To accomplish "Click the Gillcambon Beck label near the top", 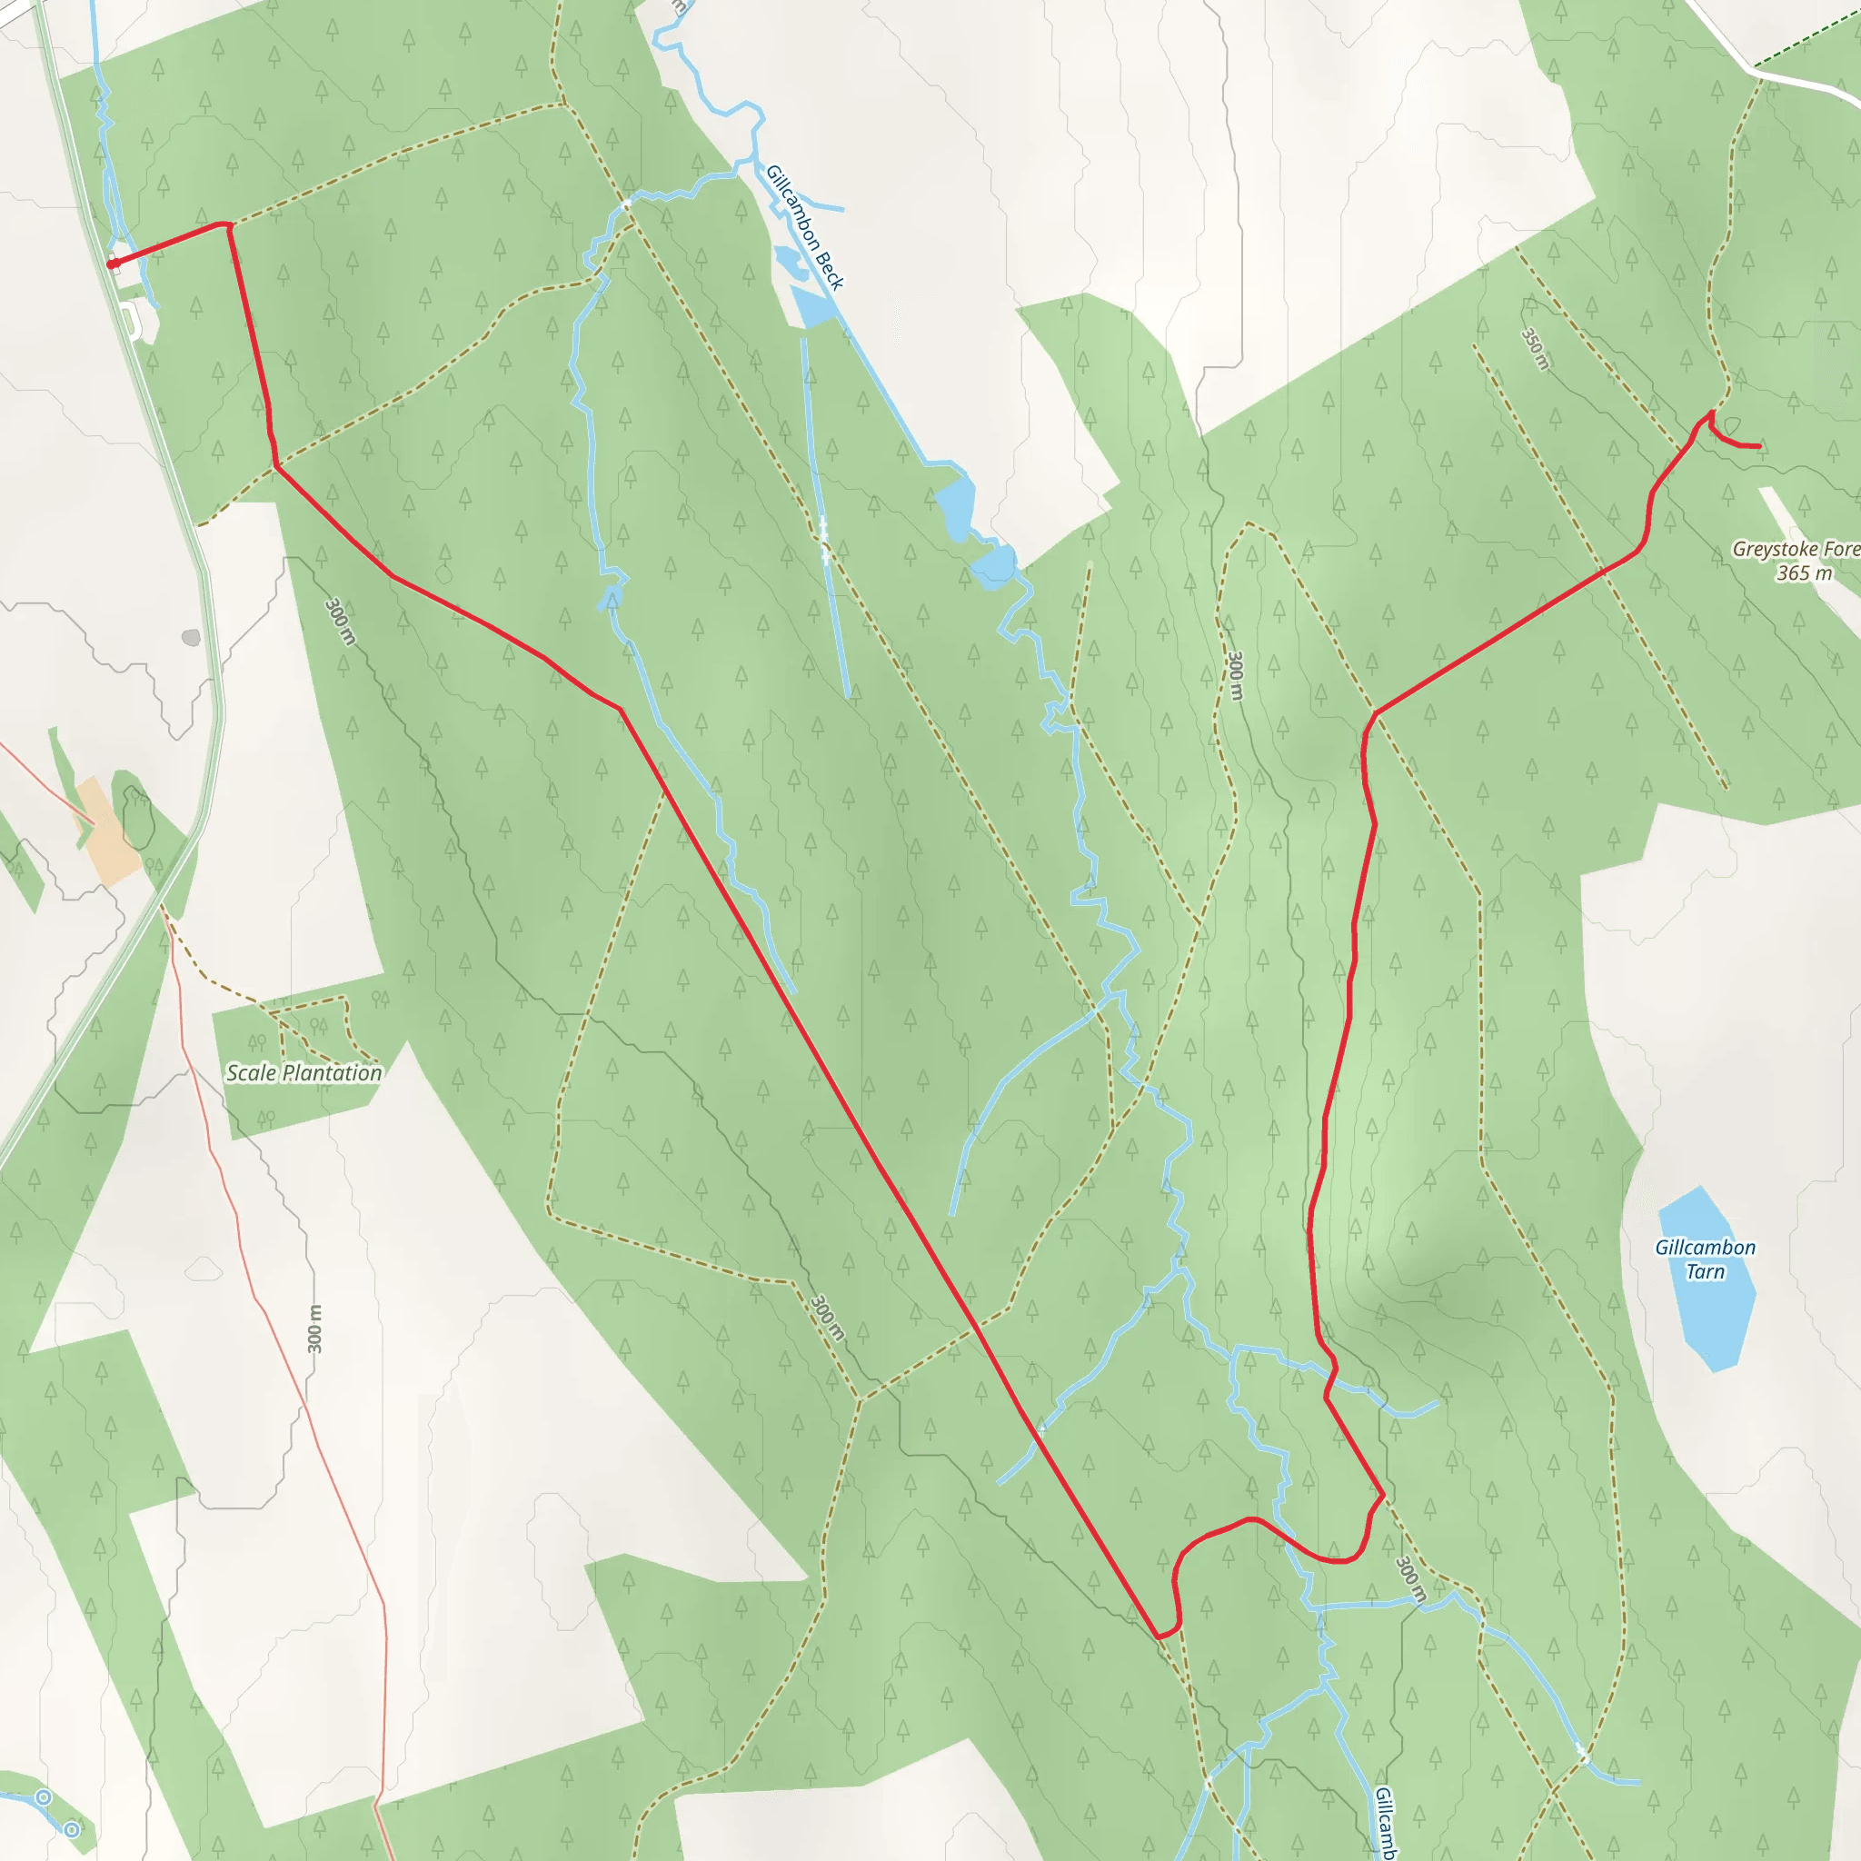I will coord(804,227).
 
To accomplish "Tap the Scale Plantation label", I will coord(304,1073).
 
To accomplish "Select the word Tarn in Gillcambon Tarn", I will coord(1705,1271).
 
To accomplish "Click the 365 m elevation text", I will coord(1804,573).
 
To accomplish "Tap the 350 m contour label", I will coord(1536,349).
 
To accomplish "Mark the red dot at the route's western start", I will coord(112,263).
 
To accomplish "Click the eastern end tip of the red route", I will coord(1760,446).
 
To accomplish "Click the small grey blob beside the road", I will coord(191,638).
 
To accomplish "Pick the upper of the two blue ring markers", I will coord(44,1797).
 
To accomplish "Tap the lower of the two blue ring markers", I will coord(73,1829).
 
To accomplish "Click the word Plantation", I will coord(331,1073).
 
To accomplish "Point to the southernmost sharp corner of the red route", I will coord(1159,1637).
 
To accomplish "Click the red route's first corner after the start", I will coord(228,225).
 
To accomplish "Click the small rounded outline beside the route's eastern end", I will coord(1732,427).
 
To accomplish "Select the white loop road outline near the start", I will coord(134,321).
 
